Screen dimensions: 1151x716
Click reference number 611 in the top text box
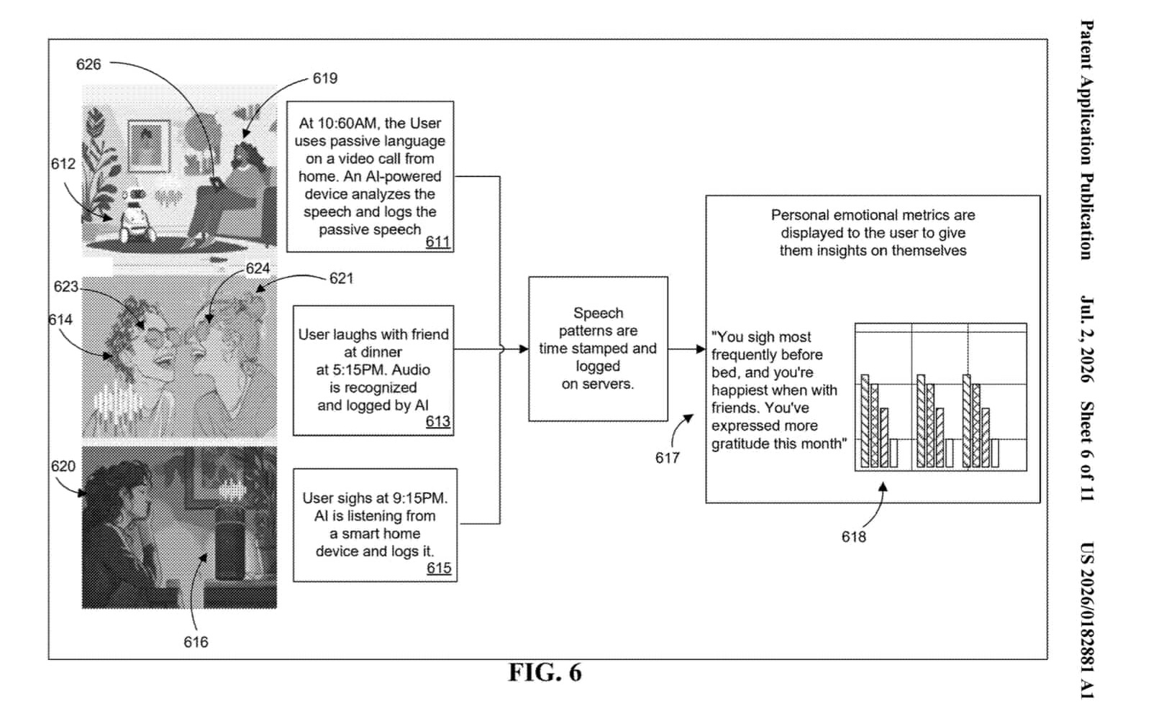click(438, 242)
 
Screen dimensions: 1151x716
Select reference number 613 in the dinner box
click(438, 421)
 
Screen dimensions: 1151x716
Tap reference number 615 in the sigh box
click(439, 568)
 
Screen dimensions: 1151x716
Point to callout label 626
click(88, 64)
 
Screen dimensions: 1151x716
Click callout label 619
click(325, 78)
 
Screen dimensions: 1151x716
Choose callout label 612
click(63, 164)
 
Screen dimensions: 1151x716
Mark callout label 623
click(65, 287)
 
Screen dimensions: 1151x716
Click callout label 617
click(668, 458)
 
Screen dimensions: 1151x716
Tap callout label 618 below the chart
click(853, 537)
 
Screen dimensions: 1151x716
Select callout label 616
click(196, 642)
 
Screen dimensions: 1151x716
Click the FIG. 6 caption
click(545, 672)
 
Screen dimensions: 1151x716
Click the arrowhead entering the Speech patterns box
click(524, 349)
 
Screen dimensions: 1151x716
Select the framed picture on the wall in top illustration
click(149, 146)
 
